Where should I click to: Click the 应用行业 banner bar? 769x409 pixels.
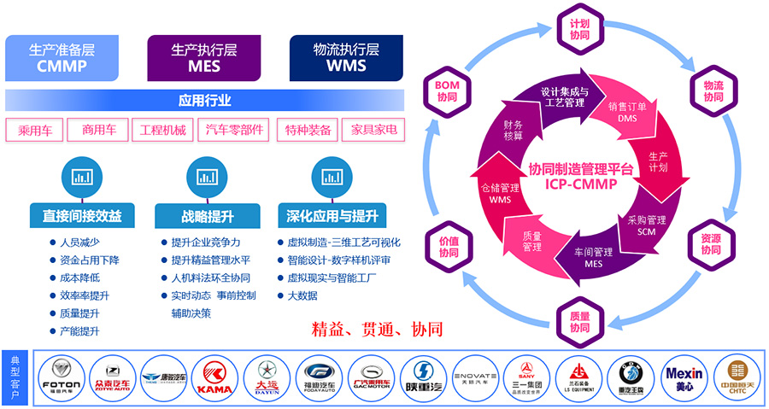[x=204, y=100]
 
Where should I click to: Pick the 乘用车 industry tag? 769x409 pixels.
[x=34, y=130]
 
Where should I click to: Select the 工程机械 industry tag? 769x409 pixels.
[x=162, y=130]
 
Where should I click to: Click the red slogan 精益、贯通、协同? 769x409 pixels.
[x=376, y=329]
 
